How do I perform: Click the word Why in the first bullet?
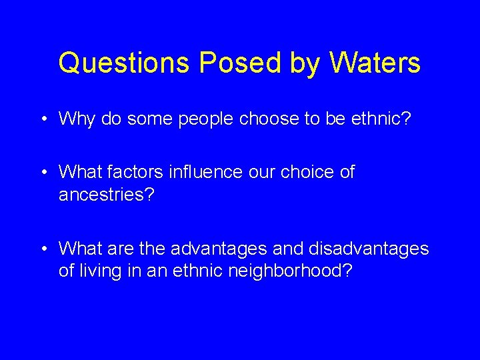tap(74, 119)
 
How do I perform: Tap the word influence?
tap(211, 172)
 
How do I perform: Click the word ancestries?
tap(105, 194)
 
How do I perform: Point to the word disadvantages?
tap(368, 249)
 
